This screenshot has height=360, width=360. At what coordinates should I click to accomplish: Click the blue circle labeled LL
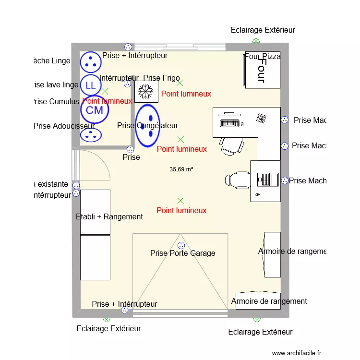[90, 85]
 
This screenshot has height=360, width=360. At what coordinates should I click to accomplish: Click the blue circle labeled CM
[95, 110]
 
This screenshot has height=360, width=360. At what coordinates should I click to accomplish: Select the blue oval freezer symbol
[147, 125]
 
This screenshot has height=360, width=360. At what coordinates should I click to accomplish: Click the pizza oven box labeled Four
[263, 70]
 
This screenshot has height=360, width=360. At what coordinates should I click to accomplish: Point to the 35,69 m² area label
[181, 169]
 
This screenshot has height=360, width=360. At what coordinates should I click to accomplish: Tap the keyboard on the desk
[229, 123]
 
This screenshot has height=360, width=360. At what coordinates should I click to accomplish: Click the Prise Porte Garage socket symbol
[181, 245]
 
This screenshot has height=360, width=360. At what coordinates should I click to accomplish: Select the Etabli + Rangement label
[109, 216]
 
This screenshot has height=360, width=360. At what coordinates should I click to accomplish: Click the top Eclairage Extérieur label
[263, 30]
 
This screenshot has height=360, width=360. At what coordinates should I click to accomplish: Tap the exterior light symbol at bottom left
[107, 319]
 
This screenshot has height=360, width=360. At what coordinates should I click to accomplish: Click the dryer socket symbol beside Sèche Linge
[90, 61]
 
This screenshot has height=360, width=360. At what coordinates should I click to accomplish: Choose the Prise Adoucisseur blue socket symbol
[90, 135]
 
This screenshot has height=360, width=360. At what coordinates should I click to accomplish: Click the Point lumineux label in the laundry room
[107, 101]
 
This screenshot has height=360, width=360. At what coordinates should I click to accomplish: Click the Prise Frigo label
[161, 78]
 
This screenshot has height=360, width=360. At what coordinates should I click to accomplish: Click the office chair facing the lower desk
[237, 180]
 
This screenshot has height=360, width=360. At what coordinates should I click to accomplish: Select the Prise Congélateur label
[147, 126]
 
